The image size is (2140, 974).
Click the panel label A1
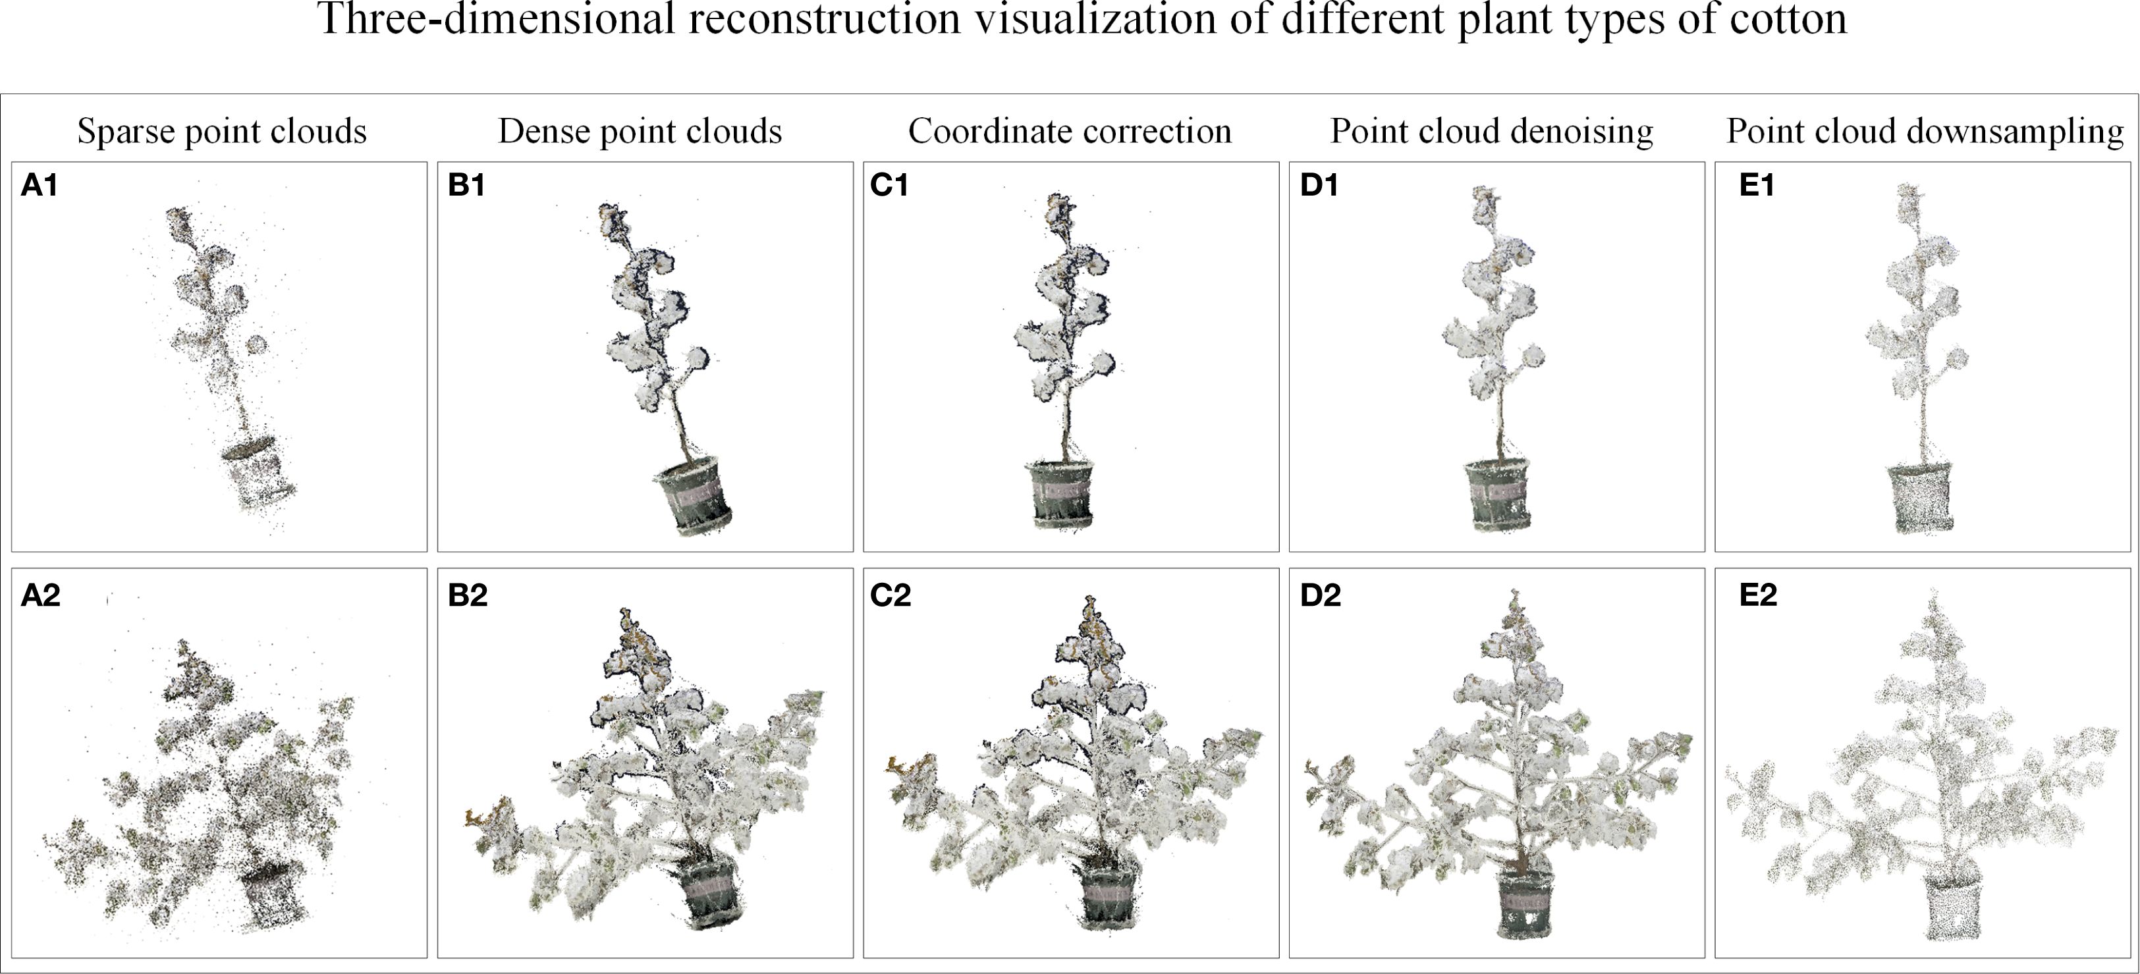click(x=39, y=185)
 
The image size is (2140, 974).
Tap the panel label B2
click(x=467, y=595)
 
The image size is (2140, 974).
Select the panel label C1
click(x=889, y=185)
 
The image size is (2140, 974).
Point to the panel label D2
click(x=1320, y=595)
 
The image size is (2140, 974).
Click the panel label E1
click(x=1757, y=185)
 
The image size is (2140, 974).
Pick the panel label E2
click(x=1758, y=595)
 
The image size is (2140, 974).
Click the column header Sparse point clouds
click(x=222, y=131)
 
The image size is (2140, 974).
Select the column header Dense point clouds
click(x=640, y=131)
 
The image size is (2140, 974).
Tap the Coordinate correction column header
click(x=1069, y=131)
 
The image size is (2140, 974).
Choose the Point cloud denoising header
click(x=1491, y=131)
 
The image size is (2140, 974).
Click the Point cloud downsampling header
click(x=1925, y=131)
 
